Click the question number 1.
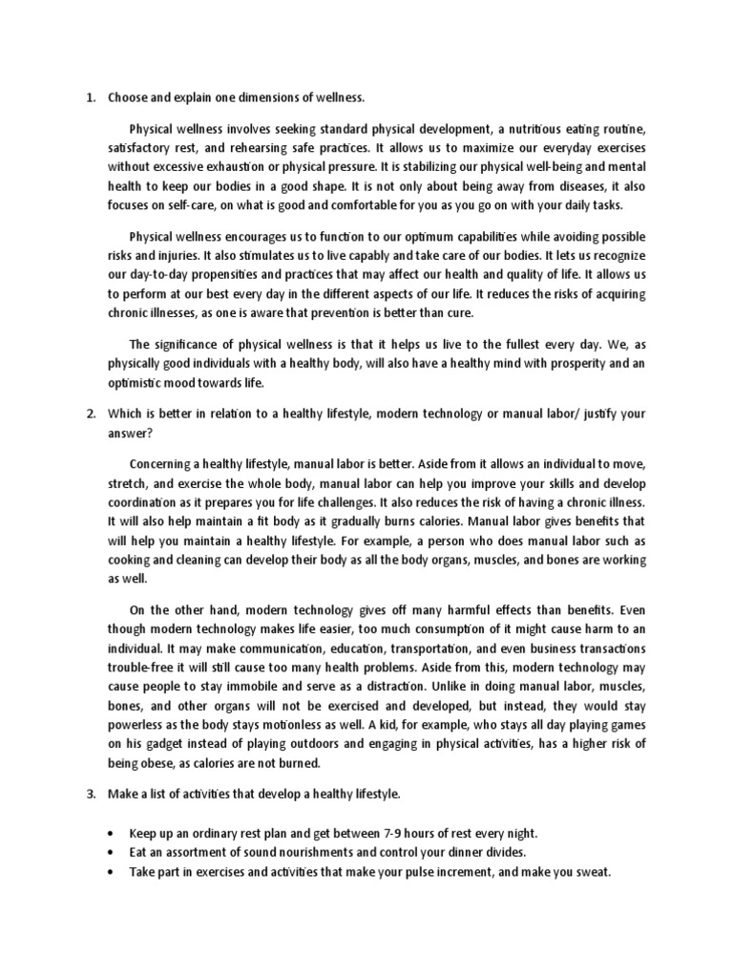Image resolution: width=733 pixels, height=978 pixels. [90, 96]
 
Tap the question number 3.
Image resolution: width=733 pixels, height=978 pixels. [90, 795]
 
